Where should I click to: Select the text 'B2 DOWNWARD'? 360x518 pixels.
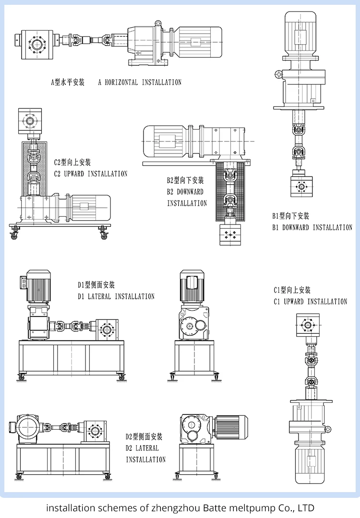185,192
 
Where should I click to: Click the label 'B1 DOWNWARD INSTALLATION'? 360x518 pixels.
312,227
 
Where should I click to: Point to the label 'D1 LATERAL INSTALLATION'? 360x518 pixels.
116,296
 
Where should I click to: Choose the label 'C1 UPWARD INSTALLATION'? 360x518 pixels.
311,302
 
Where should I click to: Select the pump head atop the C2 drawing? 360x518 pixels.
33,121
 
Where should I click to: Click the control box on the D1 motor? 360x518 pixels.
22,283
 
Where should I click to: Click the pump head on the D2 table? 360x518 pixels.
96,429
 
